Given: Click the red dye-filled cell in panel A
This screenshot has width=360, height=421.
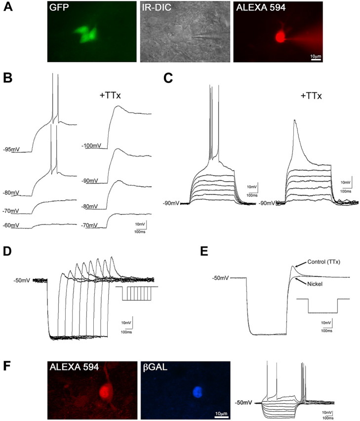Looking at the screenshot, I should coord(280,38).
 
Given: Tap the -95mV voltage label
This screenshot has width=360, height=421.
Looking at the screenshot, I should coord(12,149).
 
